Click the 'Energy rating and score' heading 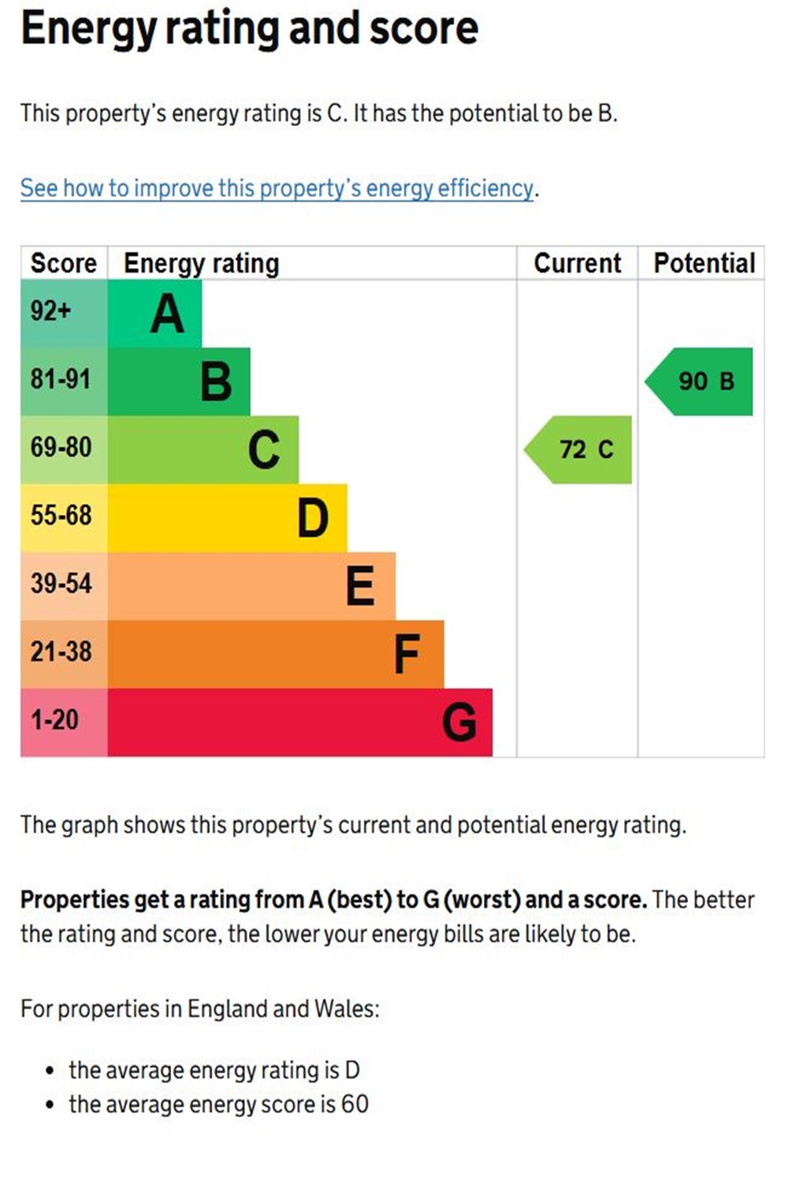pos(249,29)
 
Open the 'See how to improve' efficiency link pos(277,188)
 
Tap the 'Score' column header pos(63,263)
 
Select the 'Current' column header pos(578,263)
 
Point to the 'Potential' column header pos(704,263)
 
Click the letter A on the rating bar pos(167,314)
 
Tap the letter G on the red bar pos(459,723)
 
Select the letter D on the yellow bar pos(313,519)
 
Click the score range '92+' pos(51,311)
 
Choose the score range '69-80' pos(61,448)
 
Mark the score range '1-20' pos(54,720)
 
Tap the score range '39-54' pos(61,584)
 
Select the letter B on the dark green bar pos(216,382)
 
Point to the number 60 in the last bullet pos(355,1105)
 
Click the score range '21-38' pos(61,652)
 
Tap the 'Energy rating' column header pos(201,263)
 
